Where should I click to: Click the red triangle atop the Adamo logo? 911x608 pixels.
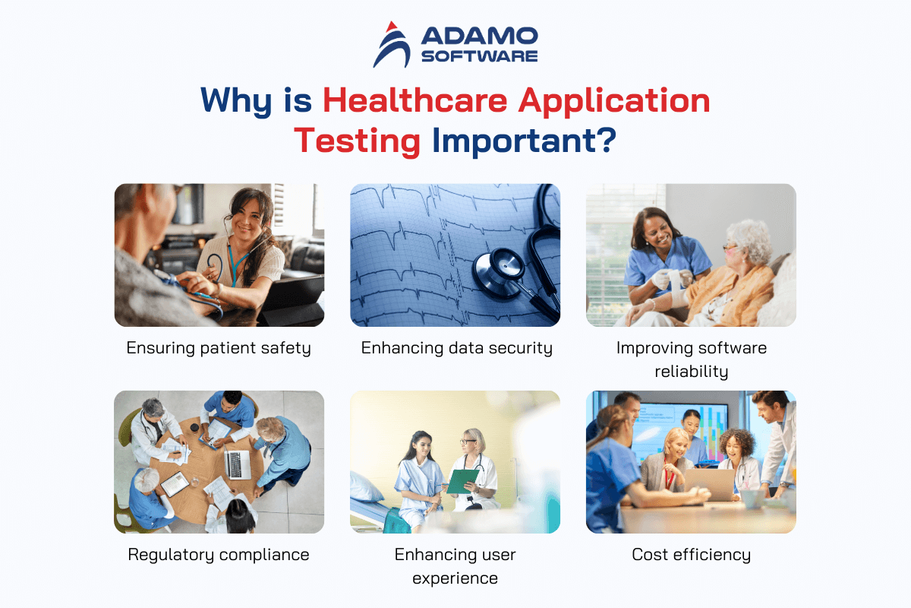[391, 27]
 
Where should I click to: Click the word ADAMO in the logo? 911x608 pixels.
[480, 36]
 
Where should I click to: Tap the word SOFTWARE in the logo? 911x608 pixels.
[480, 56]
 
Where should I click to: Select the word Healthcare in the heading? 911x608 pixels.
[415, 100]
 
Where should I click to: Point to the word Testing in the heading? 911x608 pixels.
[357, 141]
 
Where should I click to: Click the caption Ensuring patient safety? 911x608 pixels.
[219, 348]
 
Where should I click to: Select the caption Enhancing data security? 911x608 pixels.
[457, 348]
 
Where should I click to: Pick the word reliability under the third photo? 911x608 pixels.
[692, 372]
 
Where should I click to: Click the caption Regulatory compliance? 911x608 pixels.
[219, 555]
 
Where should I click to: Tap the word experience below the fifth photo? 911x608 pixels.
[455, 578]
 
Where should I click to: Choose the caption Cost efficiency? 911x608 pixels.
[692, 555]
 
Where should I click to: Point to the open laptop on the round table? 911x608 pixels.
[238, 464]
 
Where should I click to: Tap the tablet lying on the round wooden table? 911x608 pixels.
[175, 484]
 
